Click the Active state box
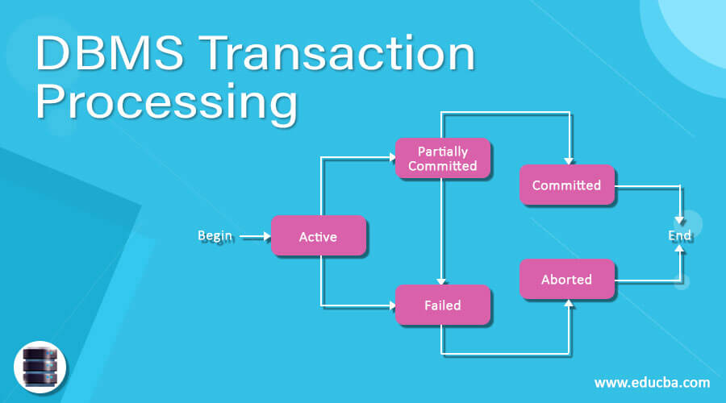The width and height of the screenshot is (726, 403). coord(318,236)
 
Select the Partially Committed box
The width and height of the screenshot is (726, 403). coord(442,159)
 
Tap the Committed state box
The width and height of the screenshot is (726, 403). coord(566,185)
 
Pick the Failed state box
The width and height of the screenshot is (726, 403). coord(442,305)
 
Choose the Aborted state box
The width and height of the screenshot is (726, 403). coord(566,280)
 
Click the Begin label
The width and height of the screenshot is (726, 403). coord(215,235)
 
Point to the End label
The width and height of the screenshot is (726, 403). coord(679,235)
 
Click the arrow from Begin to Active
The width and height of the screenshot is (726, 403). coord(256,237)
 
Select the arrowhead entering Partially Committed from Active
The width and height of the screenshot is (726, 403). coord(390,159)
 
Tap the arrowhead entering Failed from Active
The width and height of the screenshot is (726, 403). coord(390,305)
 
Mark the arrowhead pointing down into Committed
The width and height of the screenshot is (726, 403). coord(570,159)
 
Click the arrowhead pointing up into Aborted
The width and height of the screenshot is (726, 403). coord(570,304)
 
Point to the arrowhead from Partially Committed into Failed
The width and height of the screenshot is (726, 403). coord(441,280)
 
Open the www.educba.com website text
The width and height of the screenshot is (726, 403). coord(652,382)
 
